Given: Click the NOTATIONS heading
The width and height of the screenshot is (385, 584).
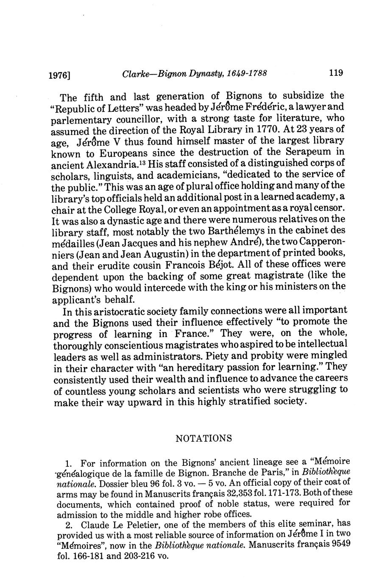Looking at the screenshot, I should tap(204, 438).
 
